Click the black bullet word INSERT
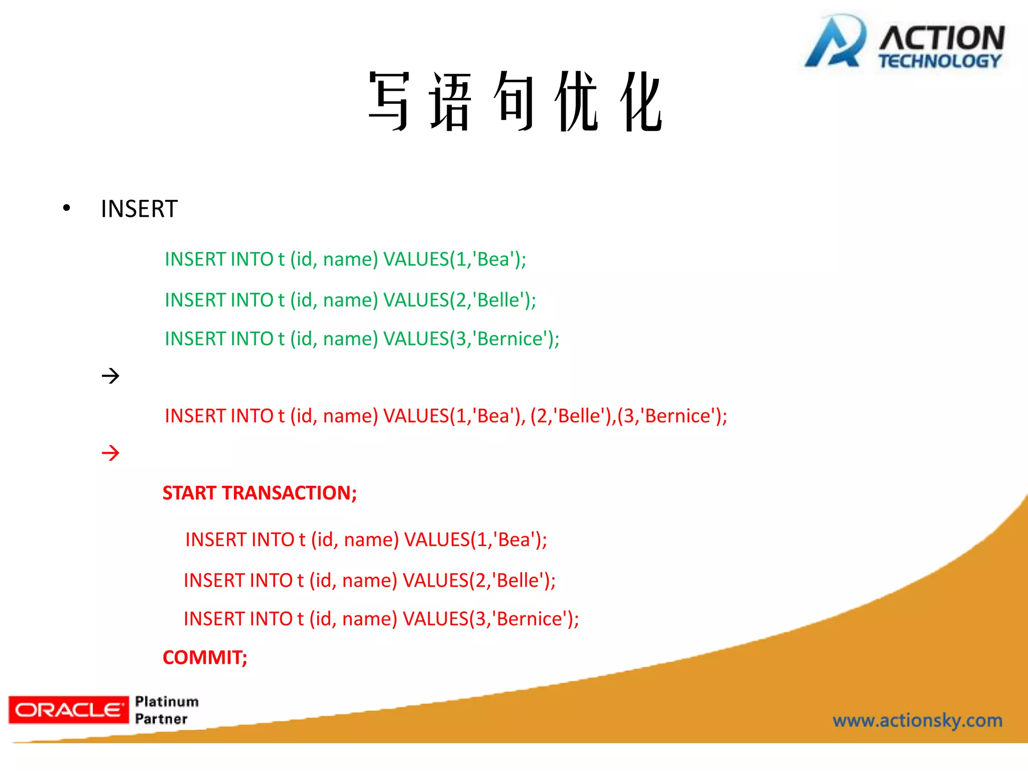(x=139, y=209)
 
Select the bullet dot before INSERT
(x=66, y=208)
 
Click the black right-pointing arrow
(x=110, y=375)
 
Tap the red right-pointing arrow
(x=110, y=453)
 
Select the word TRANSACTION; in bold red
(x=289, y=493)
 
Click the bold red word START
(x=189, y=493)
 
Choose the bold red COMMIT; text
(x=205, y=658)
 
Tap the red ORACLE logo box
(x=69, y=710)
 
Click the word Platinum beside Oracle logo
(x=167, y=701)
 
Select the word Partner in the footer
(x=161, y=719)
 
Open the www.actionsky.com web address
(x=917, y=720)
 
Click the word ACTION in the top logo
(x=942, y=38)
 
